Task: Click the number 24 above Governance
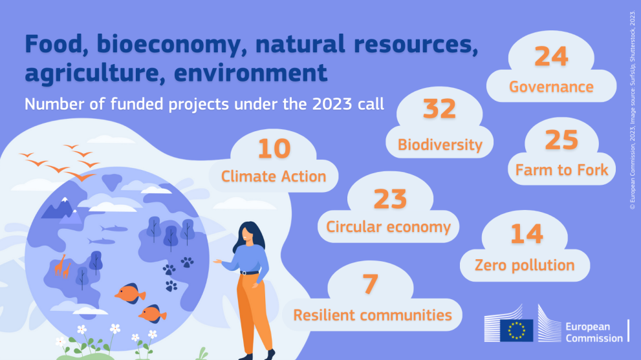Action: (551, 56)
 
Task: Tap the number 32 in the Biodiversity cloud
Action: (439, 109)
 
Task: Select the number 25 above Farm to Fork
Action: (561, 140)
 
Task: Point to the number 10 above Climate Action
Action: (274, 149)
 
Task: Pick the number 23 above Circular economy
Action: (390, 199)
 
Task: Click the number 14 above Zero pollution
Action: (527, 234)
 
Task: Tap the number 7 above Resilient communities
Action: (371, 284)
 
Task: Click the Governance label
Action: (551, 87)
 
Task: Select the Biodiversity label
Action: (440, 145)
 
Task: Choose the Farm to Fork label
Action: (561, 169)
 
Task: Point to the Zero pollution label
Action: (525, 265)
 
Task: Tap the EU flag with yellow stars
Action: (516, 330)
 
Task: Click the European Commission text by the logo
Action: (594, 332)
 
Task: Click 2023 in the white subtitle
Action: (332, 104)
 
